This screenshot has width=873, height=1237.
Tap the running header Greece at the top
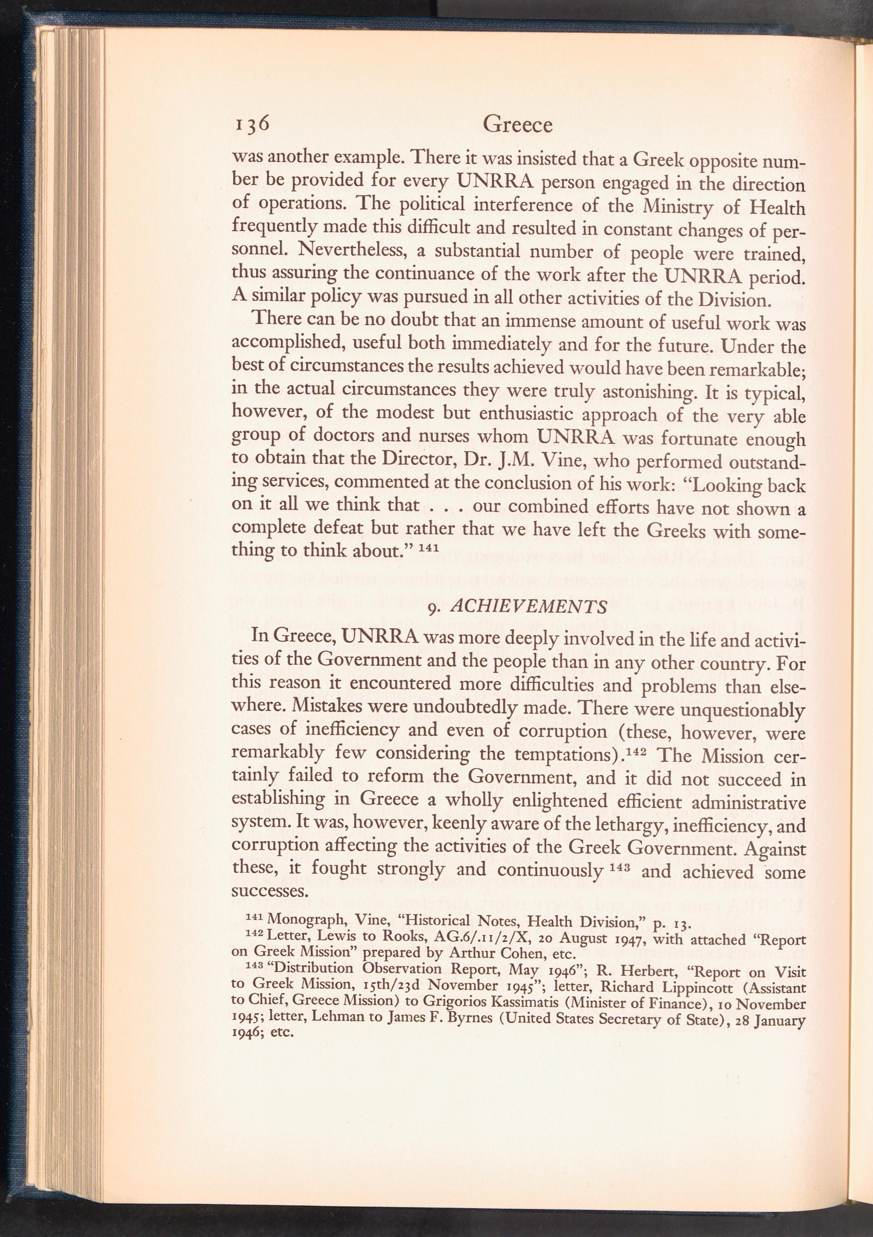pos(518,124)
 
